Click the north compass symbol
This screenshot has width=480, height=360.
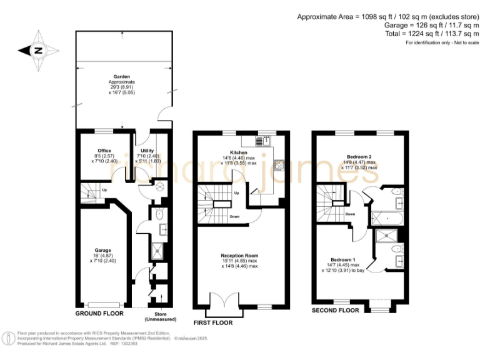tap(38, 51)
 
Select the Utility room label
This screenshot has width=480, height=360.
tap(147, 151)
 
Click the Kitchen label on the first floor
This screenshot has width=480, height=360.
tap(238, 152)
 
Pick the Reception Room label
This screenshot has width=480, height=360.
tap(239, 256)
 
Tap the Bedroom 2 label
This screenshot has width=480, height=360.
tap(359, 157)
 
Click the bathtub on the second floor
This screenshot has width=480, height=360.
tap(387, 219)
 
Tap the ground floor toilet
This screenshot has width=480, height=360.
tap(159, 214)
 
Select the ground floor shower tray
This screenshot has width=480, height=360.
tap(156, 251)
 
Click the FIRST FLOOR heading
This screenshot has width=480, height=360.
tap(212, 323)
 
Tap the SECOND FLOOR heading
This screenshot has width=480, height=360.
tap(336, 310)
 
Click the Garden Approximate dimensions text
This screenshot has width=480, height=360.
tap(122, 89)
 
